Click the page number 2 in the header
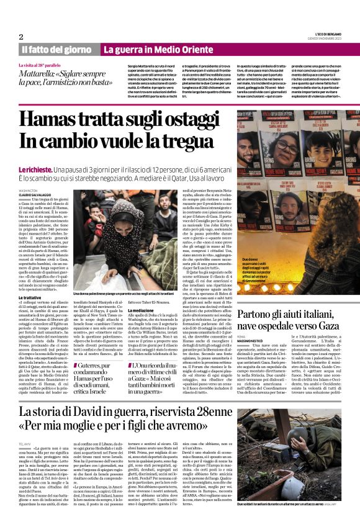[x=21, y=37]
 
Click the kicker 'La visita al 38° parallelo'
[x=43, y=63]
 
